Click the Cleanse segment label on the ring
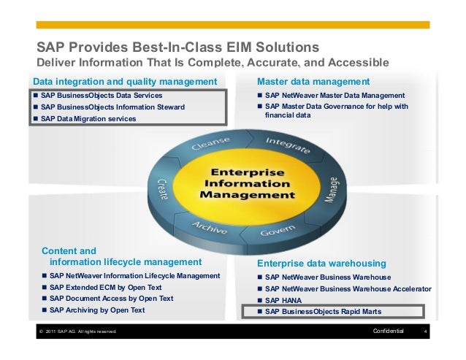[x=210, y=144]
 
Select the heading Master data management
[x=313, y=80]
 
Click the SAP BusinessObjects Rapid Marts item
[x=323, y=311]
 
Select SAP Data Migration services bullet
[x=88, y=118]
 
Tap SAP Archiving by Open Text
[x=96, y=310]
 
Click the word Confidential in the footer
[x=388, y=332]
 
